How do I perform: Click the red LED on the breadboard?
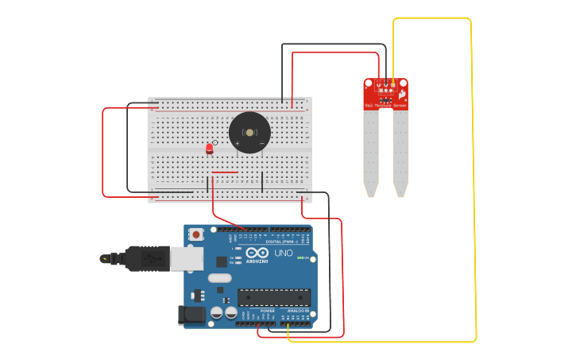click(210, 149)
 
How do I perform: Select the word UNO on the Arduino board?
click(284, 253)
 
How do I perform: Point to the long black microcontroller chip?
click(273, 297)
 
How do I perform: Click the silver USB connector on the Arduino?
click(187, 258)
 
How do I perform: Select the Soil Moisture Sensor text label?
click(385, 105)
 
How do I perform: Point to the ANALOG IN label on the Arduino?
click(297, 311)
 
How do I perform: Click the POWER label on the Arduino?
click(268, 311)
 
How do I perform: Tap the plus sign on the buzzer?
click(237, 143)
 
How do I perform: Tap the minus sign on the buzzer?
click(261, 143)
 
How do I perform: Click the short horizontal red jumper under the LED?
click(225, 172)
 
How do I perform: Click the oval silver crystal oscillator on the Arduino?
click(220, 278)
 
